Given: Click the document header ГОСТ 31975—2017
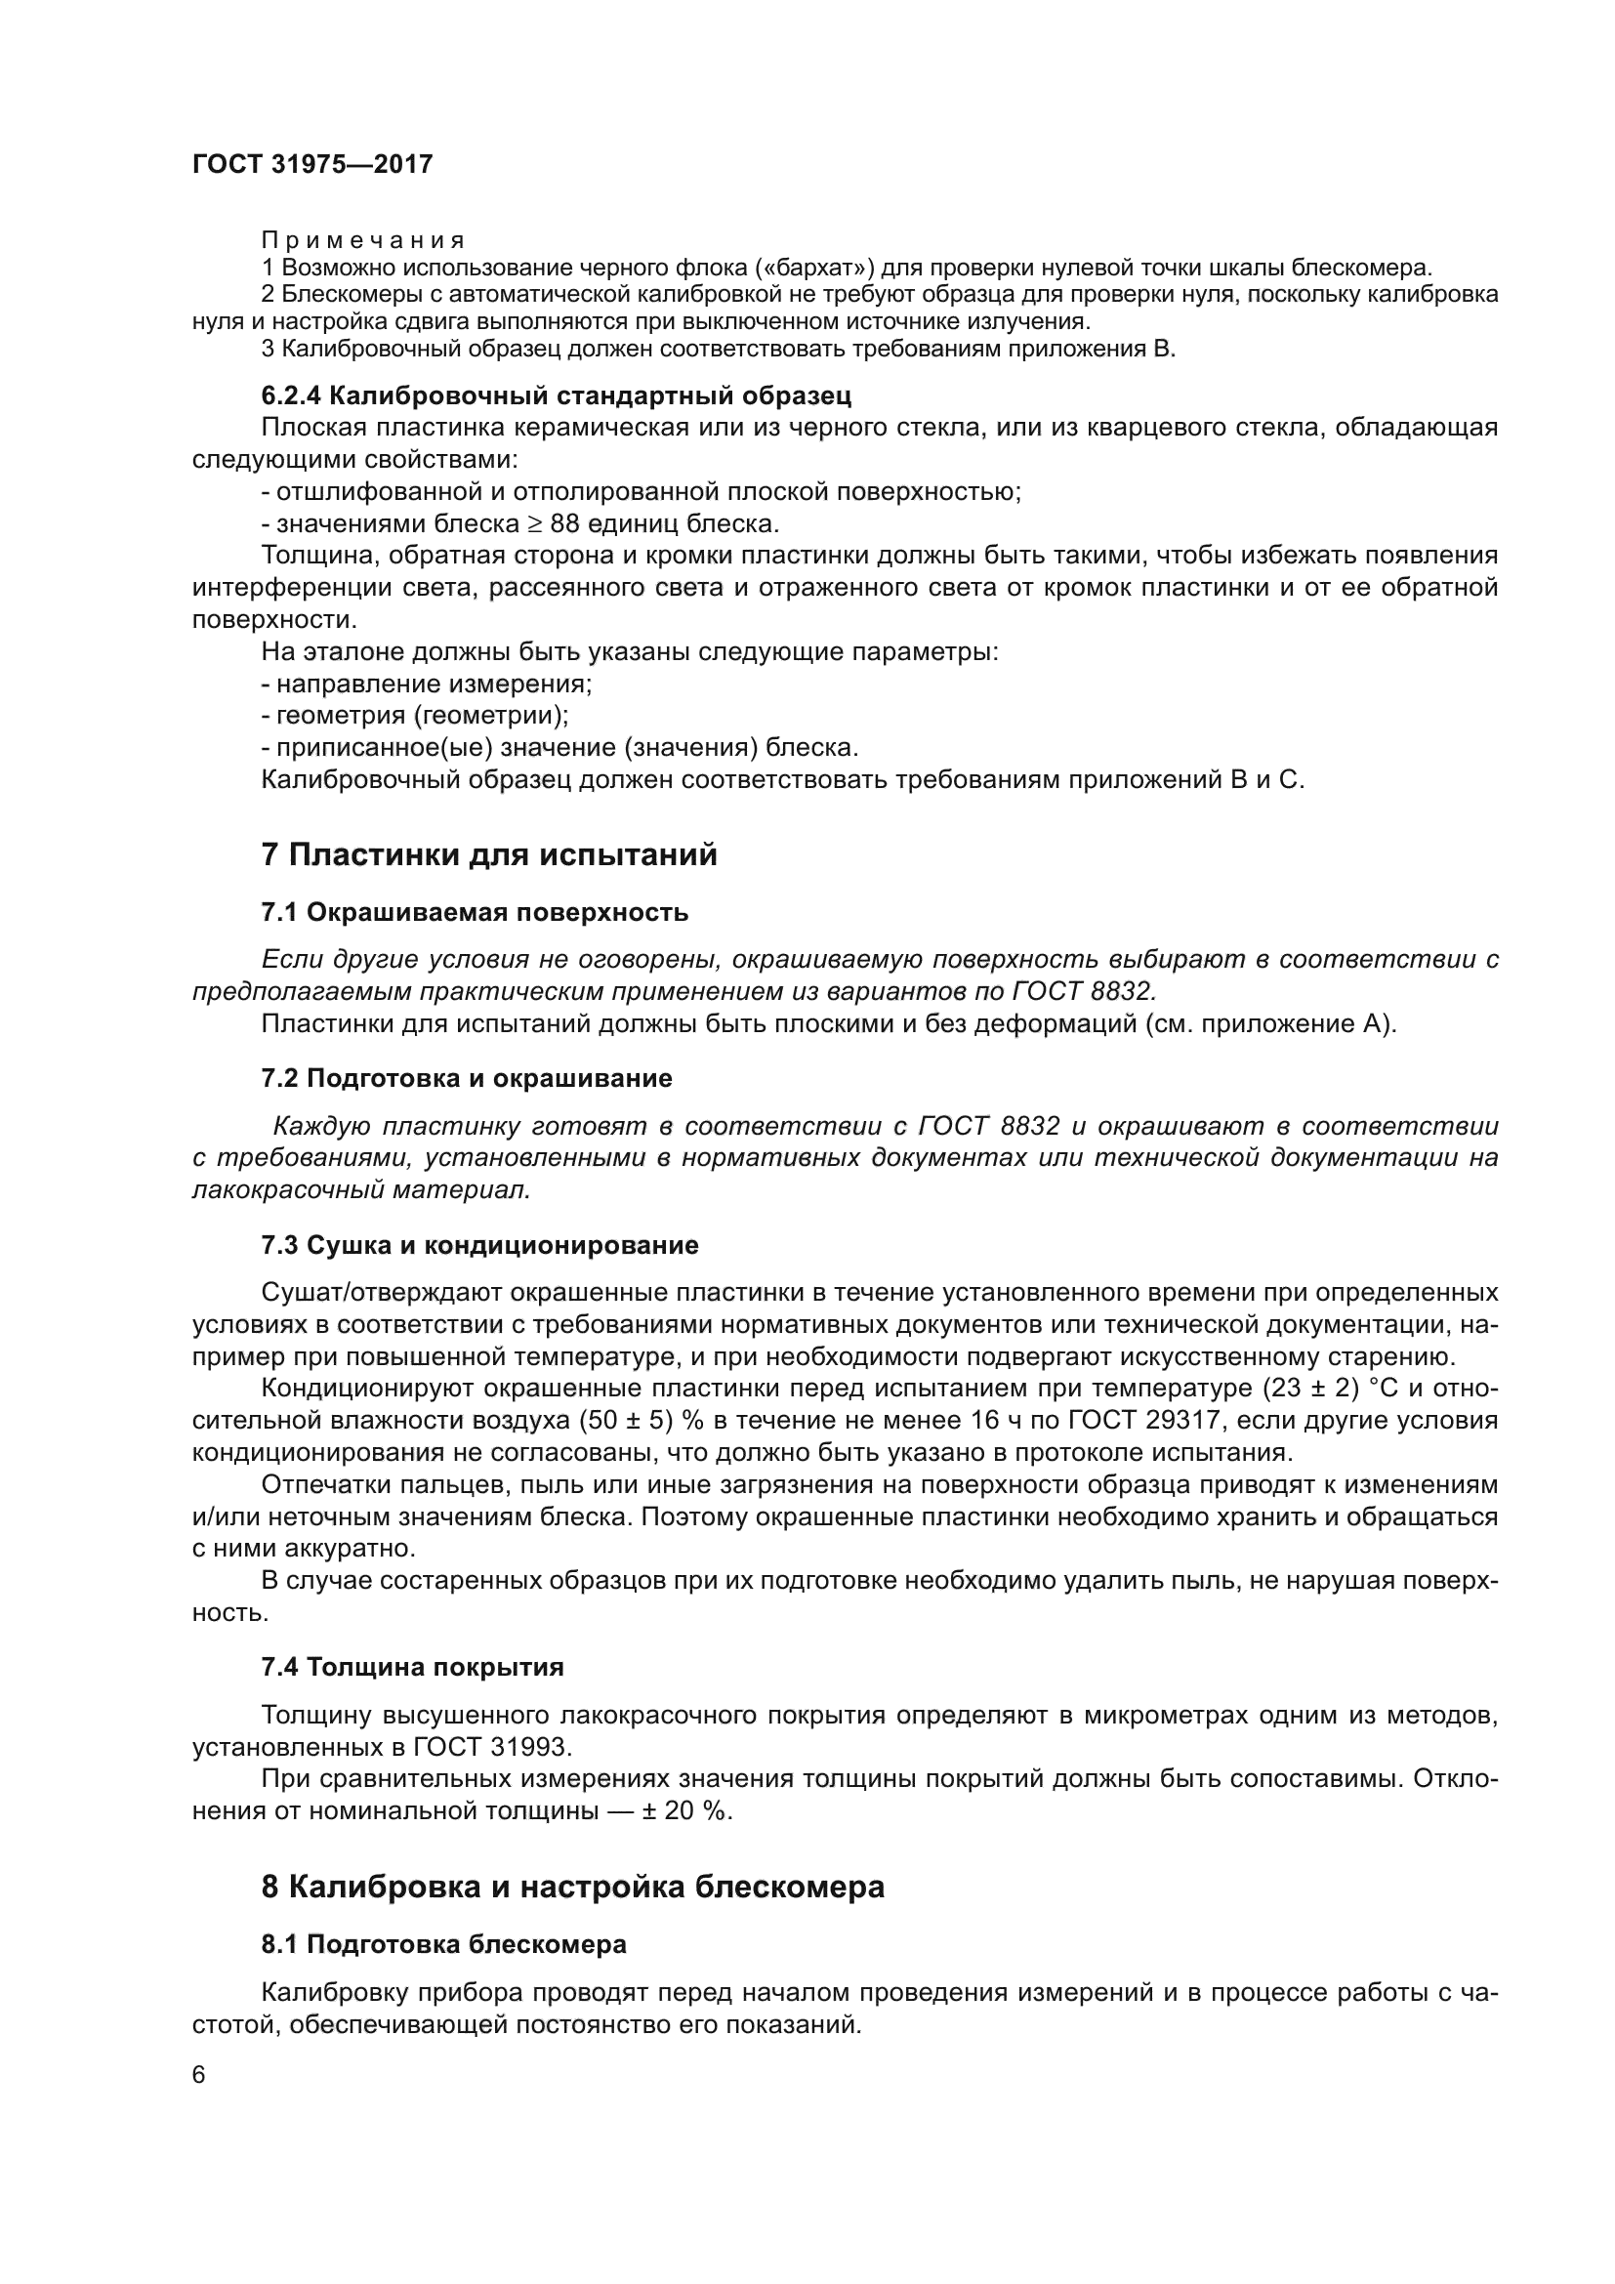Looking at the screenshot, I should pos(312,164).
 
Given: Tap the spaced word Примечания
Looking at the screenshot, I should pos(363,241).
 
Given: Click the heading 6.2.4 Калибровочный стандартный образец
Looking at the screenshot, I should pos(556,395).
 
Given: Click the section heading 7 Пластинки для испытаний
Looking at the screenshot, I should pos(488,854).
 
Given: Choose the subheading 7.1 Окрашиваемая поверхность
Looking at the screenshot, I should pos(475,912).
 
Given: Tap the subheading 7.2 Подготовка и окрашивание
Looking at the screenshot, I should pos(467,1078).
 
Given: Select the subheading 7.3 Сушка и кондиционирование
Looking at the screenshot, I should pos(479,1245).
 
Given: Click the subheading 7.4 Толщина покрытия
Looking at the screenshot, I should pos(412,1667).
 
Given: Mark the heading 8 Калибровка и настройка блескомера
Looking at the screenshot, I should pos(572,1887).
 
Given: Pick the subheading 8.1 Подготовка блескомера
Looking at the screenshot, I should pos(443,1944).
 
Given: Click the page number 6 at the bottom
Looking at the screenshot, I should pos(199,2075).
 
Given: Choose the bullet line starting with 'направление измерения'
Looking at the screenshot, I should pos(427,685).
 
